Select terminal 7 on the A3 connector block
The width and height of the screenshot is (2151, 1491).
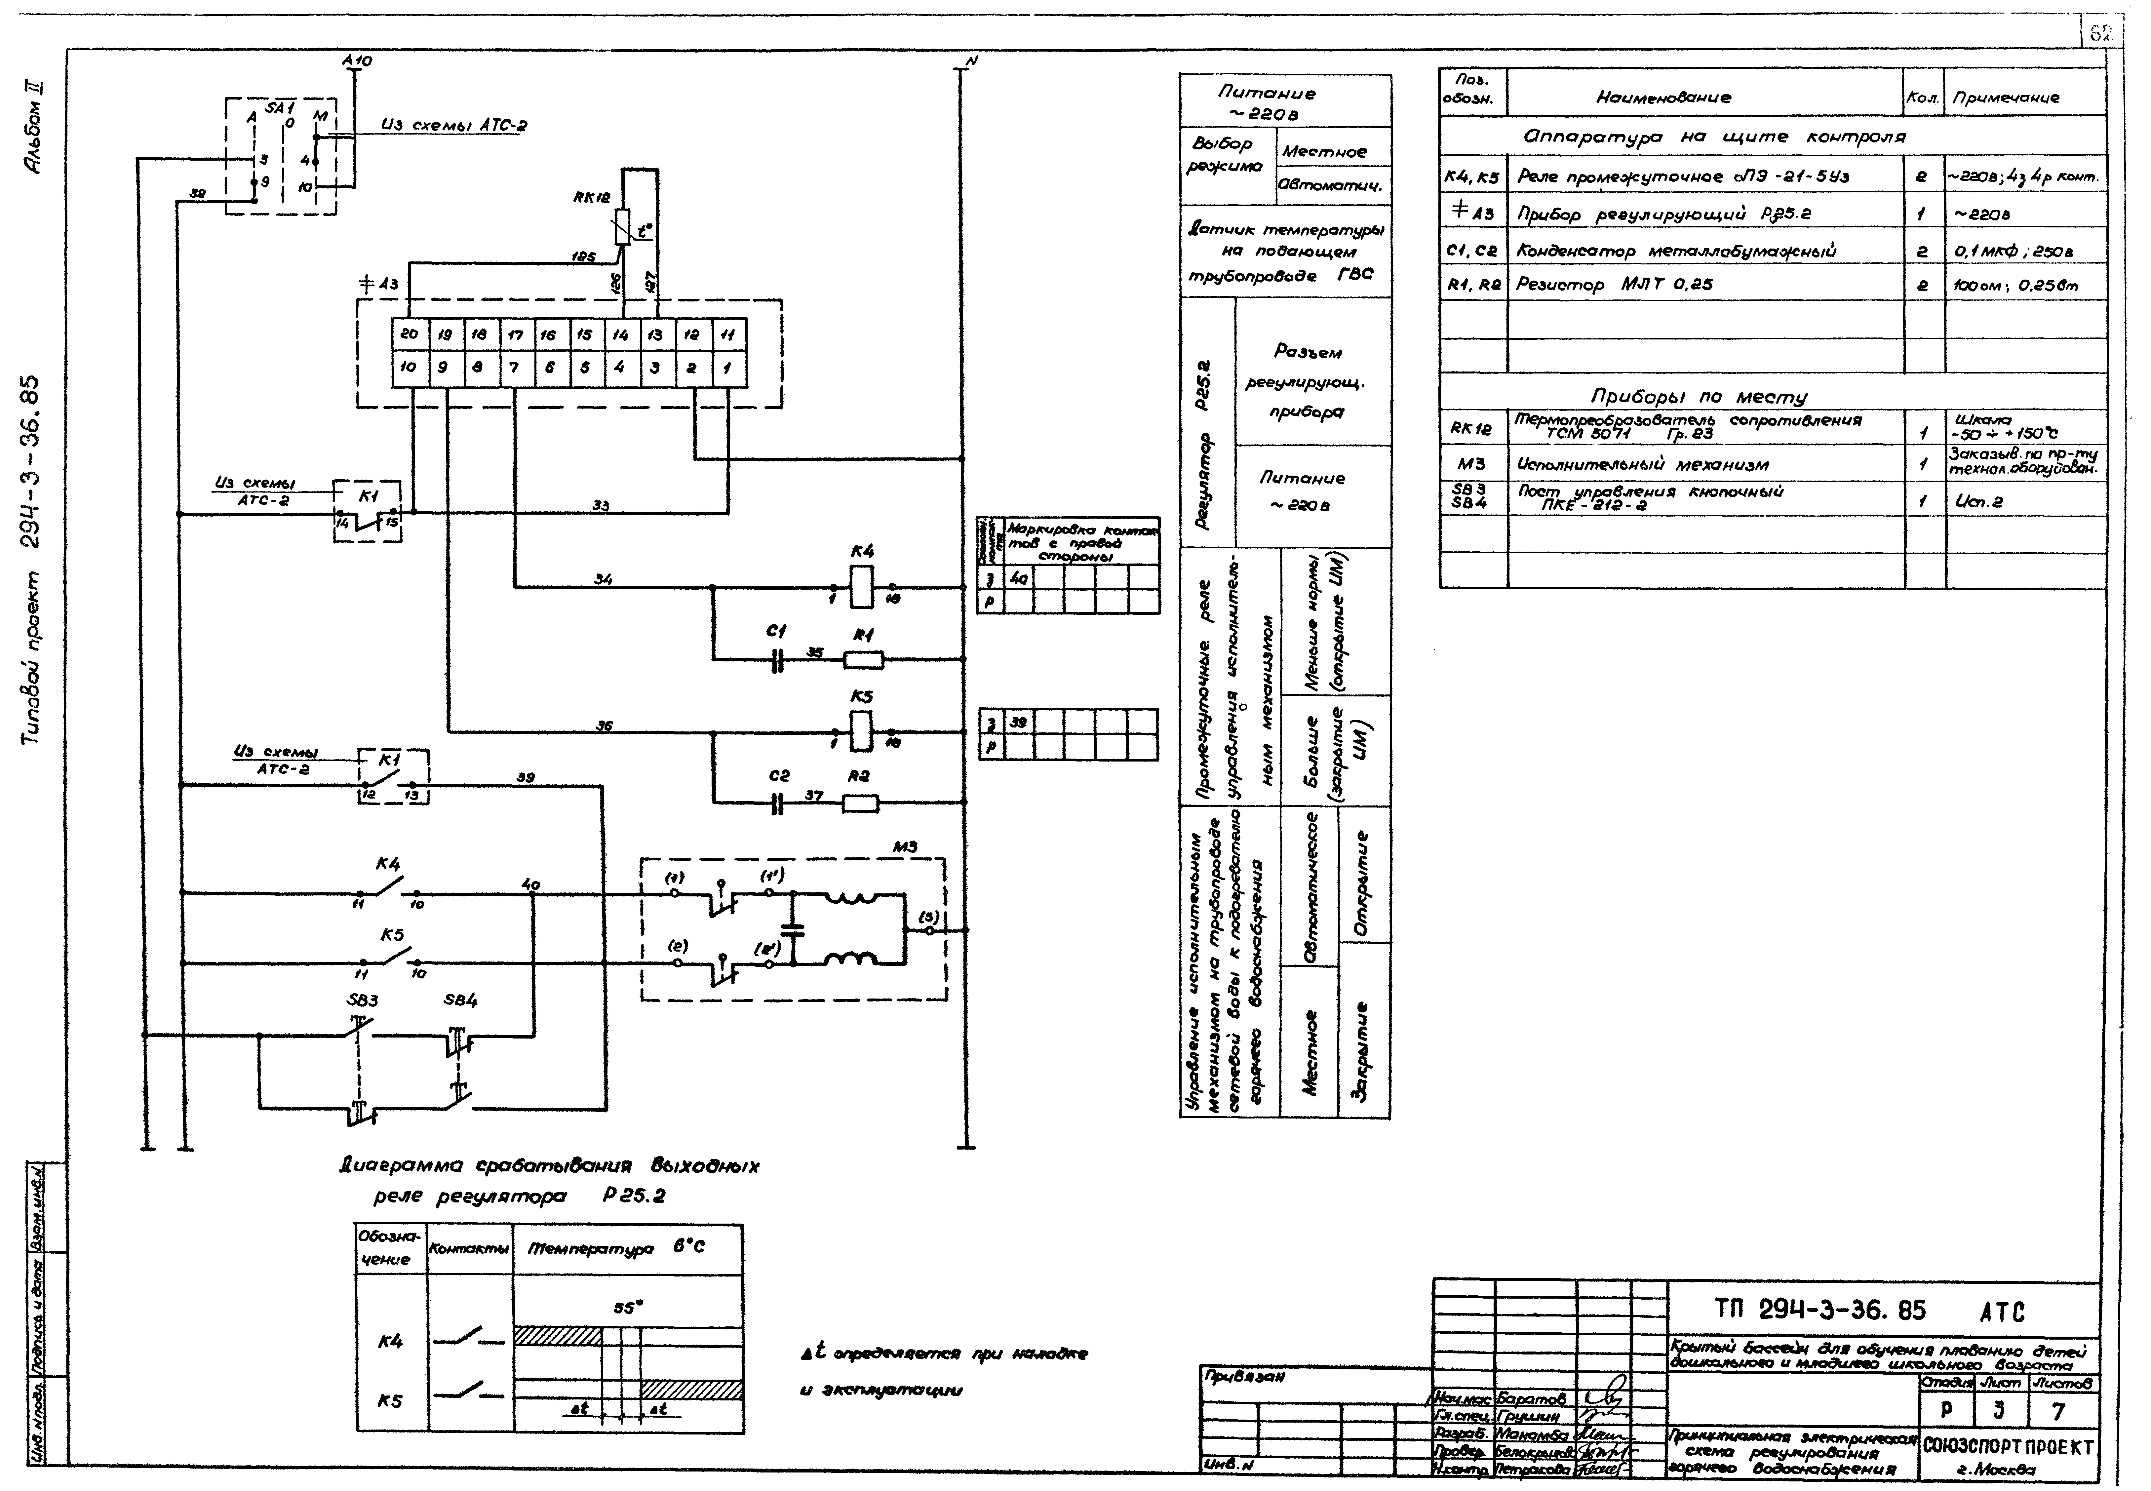click(514, 368)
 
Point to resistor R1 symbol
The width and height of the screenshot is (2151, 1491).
click(863, 659)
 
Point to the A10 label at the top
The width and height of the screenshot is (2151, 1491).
click(357, 61)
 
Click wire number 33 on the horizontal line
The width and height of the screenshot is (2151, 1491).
click(601, 505)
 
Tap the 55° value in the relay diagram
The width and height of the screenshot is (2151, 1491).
click(628, 1308)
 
